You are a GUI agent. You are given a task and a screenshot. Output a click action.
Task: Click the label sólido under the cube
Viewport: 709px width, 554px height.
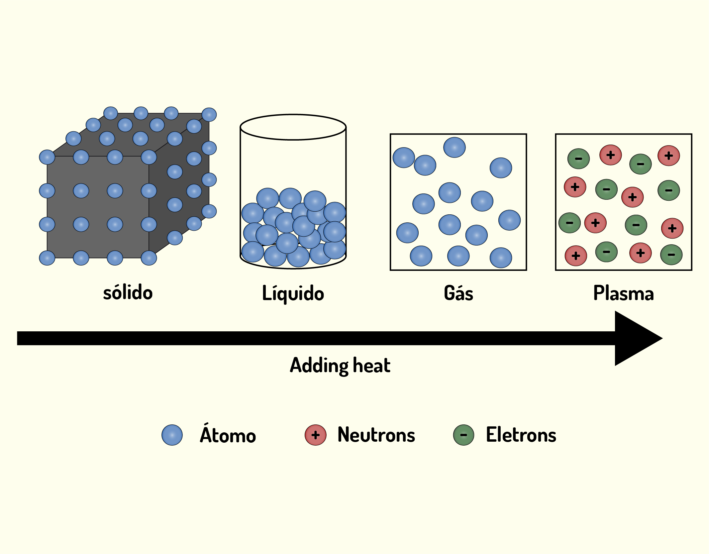click(128, 293)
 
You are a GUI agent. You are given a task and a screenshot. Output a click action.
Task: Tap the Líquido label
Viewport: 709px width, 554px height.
click(293, 293)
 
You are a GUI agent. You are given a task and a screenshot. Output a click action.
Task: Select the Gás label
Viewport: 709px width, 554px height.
click(458, 293)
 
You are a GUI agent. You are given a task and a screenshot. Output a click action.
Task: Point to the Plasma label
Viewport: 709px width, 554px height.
click(624, 293)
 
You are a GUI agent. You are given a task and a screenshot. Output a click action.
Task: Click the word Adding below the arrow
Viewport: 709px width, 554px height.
click(319, 366)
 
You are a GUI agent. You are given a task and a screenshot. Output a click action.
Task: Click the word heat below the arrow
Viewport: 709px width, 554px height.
click(372, 365)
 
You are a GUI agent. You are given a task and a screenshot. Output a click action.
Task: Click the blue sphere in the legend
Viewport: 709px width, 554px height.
click(172, 435)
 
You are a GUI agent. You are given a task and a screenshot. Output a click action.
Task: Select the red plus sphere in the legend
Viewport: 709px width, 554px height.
click(316, 435)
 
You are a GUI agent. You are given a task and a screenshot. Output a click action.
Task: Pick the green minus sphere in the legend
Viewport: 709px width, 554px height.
click(463, 435)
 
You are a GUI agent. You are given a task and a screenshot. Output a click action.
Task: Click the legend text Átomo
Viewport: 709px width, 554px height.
click(228, 433)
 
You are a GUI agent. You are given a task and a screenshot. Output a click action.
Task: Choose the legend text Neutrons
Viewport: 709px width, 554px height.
click(376, 434)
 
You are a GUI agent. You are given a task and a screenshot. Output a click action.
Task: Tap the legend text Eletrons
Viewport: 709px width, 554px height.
click(521, 434)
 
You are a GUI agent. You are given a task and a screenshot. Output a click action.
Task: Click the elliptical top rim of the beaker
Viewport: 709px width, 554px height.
click(293, 115)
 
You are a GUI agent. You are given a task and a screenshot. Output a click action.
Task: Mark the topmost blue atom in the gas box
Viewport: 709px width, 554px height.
click(455, 147)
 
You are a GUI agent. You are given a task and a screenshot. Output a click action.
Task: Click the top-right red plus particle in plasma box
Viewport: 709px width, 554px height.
click(669, 156)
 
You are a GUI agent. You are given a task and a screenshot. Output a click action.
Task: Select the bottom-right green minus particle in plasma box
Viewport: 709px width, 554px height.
click(671, 255)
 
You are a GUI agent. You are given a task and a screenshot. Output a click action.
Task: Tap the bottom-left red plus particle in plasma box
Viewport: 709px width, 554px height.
click(576, 256)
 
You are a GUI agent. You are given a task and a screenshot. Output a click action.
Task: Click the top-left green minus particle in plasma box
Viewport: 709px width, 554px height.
click(579, 159)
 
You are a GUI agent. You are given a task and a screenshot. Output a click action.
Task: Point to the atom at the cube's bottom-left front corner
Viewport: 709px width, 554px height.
click(47, 258)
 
